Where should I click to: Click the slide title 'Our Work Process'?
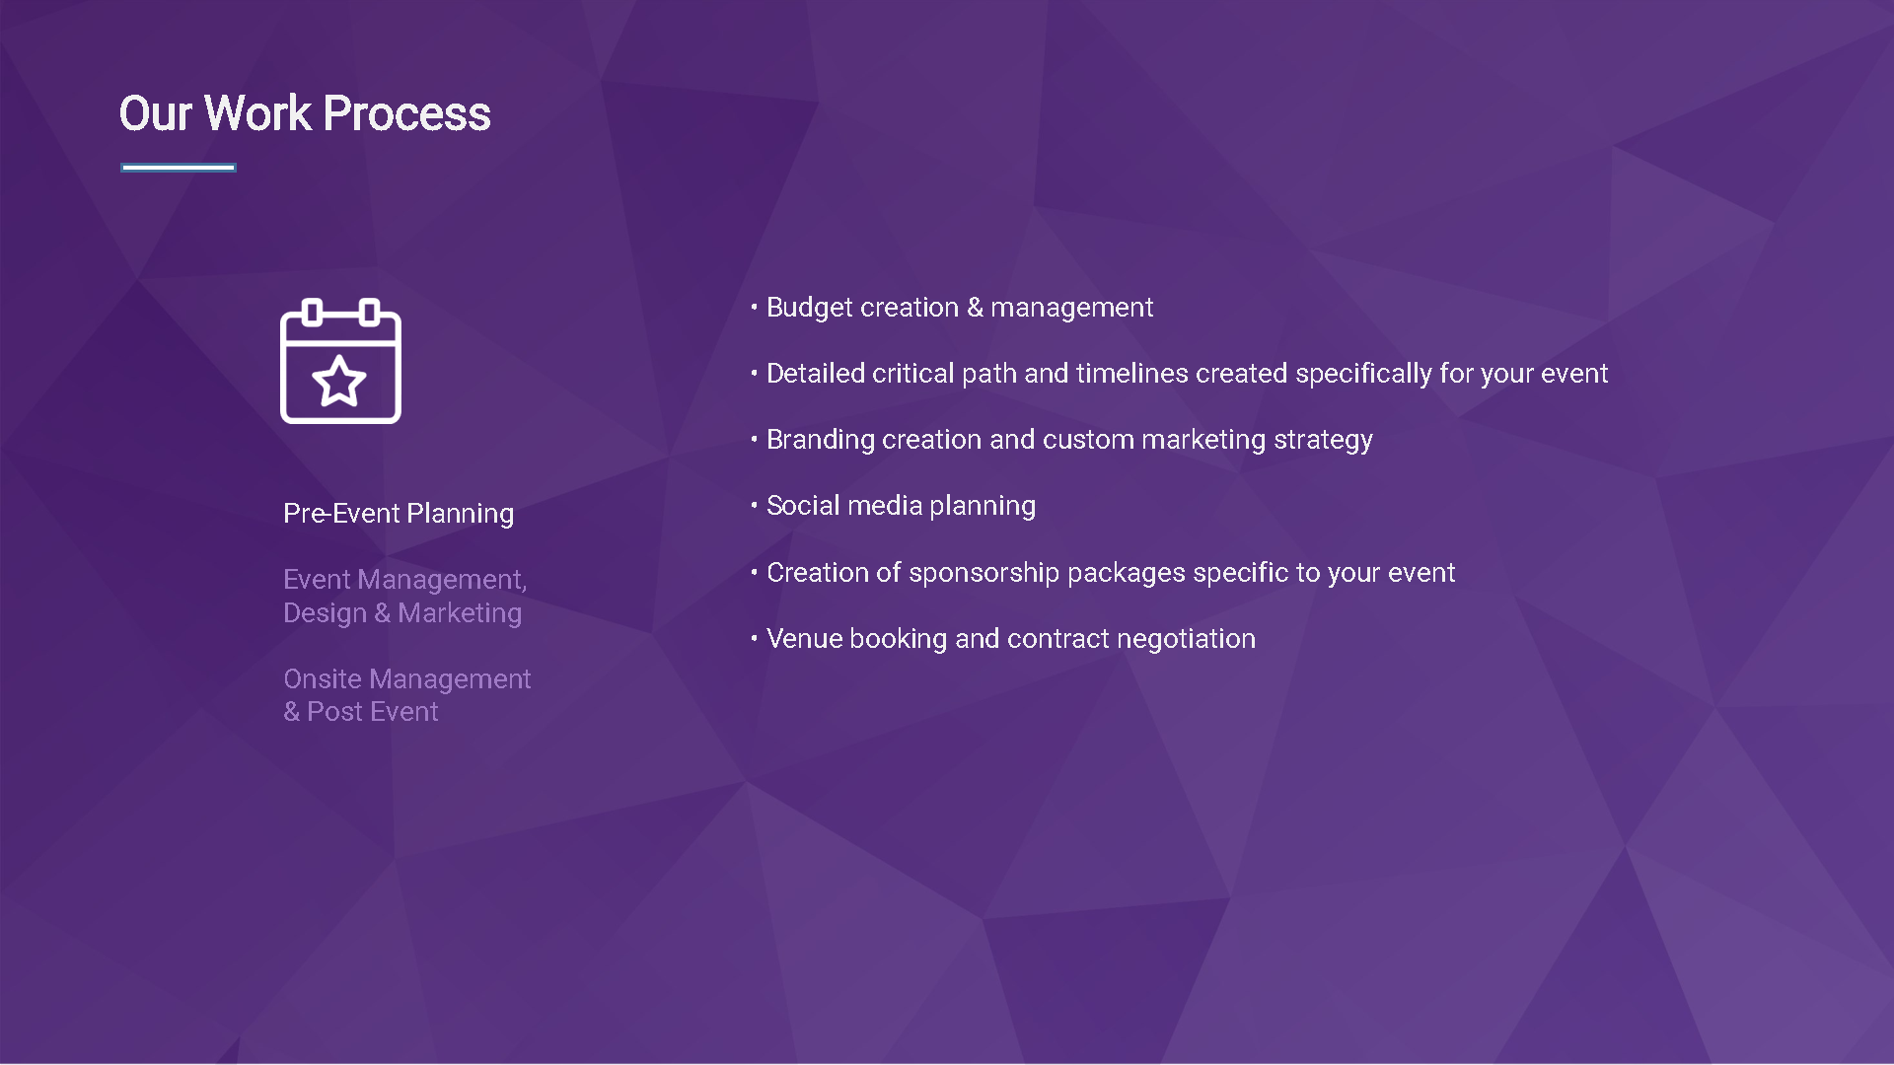305,113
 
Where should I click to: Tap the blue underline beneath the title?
179,168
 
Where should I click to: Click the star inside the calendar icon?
339,381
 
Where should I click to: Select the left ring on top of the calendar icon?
313,313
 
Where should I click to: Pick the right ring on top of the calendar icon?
369,313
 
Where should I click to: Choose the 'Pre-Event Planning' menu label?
399,514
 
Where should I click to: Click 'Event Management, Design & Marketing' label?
405,596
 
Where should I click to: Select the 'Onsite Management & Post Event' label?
407,695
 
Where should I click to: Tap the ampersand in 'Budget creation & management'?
975,308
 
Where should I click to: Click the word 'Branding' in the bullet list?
821,440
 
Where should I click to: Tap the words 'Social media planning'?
902,506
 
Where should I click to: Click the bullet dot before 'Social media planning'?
754,505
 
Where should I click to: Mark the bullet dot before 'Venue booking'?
754,638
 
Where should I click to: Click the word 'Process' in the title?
406,113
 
